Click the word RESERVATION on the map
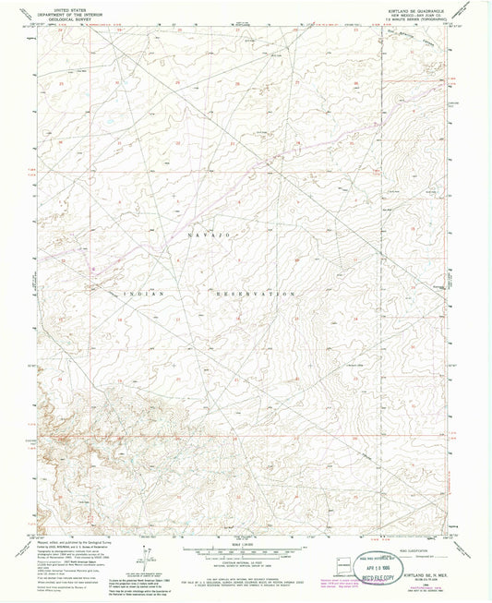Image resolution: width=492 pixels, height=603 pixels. [x=254, y=293]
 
